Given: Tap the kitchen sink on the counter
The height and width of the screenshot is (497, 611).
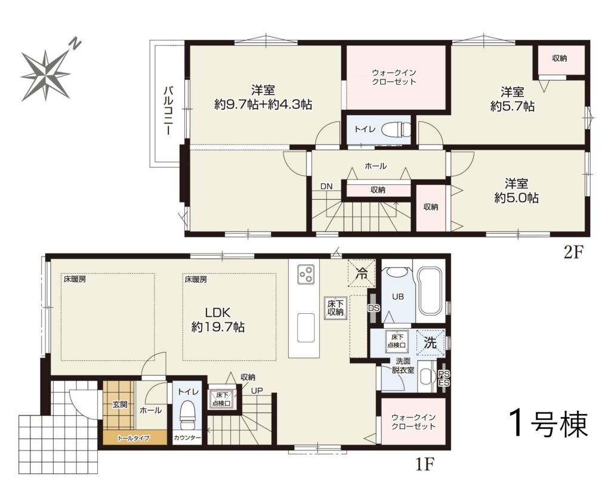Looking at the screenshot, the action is [306, 328].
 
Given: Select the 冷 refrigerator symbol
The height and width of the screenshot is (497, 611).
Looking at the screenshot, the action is [362, 273].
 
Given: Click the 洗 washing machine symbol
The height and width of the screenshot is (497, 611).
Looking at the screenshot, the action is [430, 342].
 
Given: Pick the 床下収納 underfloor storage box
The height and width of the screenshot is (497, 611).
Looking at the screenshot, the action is [335, 308].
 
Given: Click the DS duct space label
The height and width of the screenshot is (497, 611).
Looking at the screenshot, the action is [374, 308].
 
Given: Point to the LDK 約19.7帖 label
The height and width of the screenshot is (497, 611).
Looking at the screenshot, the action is [218, 319].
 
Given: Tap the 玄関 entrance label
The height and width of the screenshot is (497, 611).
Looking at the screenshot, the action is [119, 405].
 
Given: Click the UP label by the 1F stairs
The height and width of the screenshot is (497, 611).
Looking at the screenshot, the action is [257, 390].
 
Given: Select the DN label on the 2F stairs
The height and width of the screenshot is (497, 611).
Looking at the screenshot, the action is [326, 187].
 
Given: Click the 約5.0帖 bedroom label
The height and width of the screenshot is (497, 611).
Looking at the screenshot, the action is [517, 198].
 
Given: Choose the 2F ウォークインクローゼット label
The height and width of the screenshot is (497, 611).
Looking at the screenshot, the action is [394, 77].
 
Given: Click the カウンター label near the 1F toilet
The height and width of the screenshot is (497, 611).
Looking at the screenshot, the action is [187, 438].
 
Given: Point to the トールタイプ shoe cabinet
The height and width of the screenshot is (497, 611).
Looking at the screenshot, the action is [134, 438].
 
